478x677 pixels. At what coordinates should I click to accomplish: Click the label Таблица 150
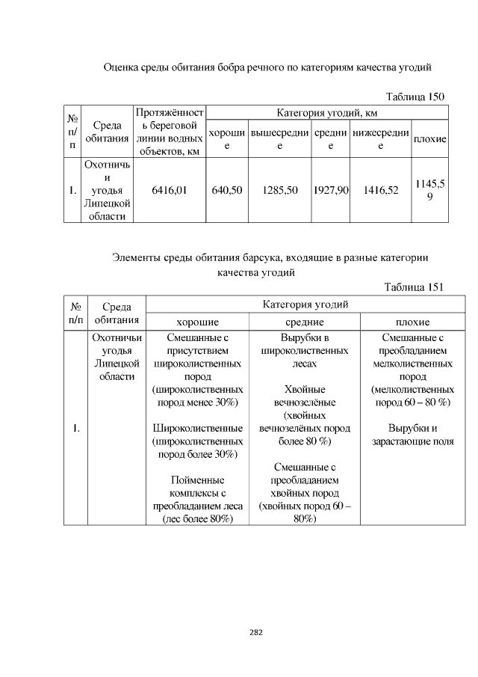tap(415, 97)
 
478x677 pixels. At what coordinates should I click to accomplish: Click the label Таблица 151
tap(414, 287)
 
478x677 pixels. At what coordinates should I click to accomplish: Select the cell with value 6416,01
tap(169, 191)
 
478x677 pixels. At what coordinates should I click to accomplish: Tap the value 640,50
tap(227, 191)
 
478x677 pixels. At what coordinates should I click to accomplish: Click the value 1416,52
tap(381, 191)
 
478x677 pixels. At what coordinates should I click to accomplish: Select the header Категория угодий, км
tap(327, 113)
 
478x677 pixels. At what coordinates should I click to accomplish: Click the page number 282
tap(255, 632)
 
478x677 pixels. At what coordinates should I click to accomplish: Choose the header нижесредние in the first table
tap(381, 139)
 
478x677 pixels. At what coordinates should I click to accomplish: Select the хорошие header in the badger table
tap(198, 322)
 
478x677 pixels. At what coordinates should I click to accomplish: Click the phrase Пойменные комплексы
tap(198, 486)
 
